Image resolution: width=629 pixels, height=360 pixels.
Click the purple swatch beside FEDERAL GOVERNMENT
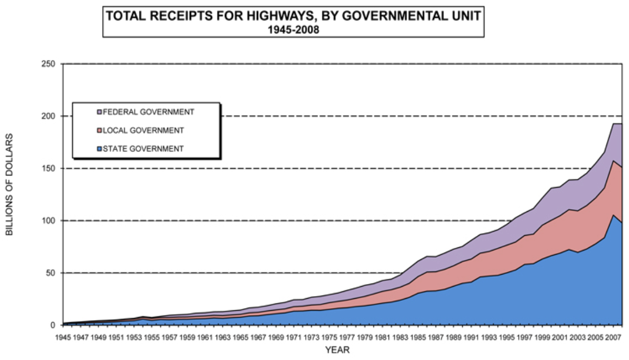[x=99, y=112]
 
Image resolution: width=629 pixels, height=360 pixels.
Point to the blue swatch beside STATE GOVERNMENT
[x=99, y=148]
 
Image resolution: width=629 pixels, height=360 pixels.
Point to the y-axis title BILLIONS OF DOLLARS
[x=9, y=184]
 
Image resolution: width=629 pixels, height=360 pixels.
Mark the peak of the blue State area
[x=613, y=215]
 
